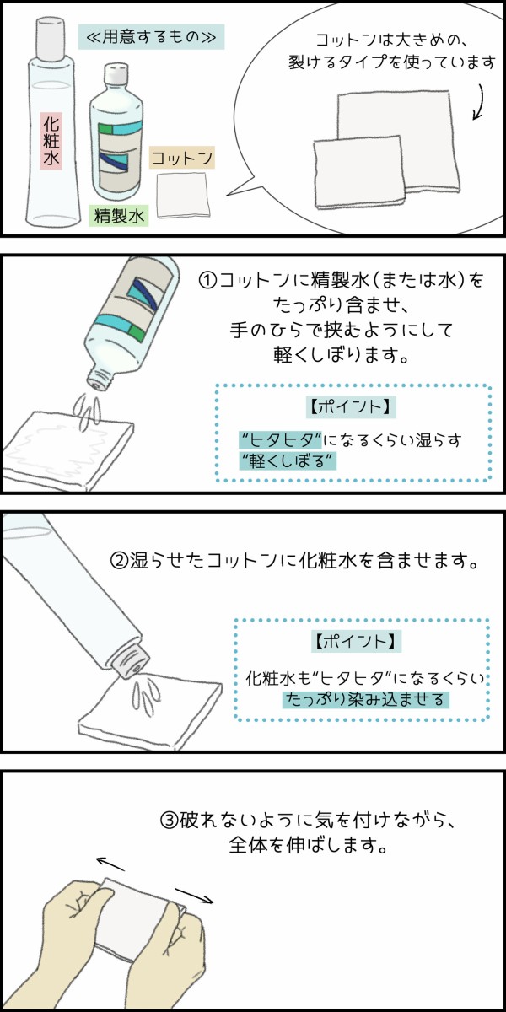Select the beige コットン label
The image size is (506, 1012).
(x=181, y=157)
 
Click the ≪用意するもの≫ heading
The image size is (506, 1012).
(x=151, y=38)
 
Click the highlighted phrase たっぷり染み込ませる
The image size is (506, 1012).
(x=365, y=699)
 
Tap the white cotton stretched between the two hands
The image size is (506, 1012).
(x=135, y=915)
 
